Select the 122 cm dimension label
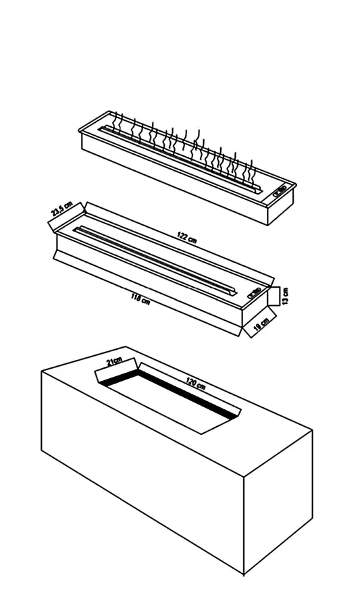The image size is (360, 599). pos(187,237)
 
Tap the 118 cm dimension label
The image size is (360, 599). pos(140,298)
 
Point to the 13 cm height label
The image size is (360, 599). pos(286,296)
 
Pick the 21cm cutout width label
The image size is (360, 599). pos(115,361)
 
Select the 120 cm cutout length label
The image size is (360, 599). pos(196,383)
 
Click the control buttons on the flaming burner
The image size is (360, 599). pos(280,190)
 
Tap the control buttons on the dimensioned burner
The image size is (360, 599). pos(255,292)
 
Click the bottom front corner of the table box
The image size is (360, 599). pos(243,575)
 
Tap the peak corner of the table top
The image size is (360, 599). pos(126,347)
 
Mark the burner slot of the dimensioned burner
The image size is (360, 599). pos(157,261)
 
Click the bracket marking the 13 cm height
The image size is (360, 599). pos(274,296)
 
